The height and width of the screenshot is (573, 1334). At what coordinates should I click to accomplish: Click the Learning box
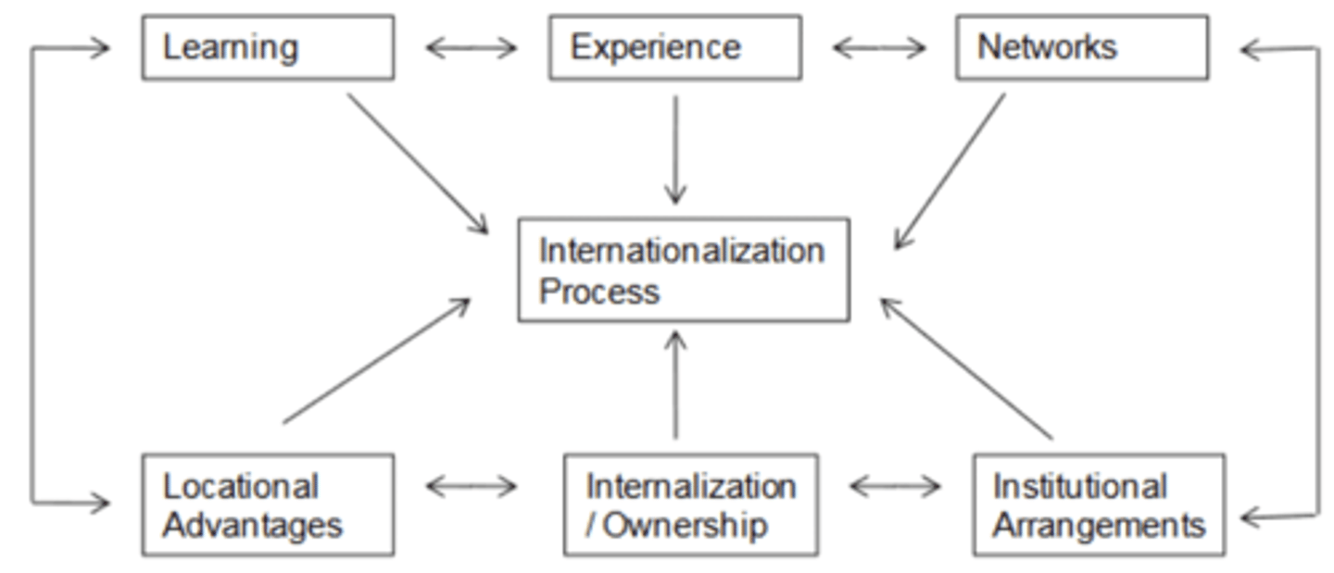[268, 47]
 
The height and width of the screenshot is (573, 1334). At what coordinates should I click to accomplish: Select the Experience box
[674, 47]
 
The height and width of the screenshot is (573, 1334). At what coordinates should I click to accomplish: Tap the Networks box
[1081, 47]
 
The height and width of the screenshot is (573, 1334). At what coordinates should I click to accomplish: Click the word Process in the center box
[599, 292]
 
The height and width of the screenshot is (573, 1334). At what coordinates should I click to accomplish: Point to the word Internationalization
[682, 251]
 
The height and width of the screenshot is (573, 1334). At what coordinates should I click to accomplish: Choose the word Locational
[240, 486]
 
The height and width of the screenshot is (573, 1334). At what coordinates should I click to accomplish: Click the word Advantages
[252, 526]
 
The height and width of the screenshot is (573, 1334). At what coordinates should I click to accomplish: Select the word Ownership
[686, 526]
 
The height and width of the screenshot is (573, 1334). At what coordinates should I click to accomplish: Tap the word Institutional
[1079, 486]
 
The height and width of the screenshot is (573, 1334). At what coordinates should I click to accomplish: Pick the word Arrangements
[1099, 526]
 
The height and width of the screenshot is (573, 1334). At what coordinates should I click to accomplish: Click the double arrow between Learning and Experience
[472, 48]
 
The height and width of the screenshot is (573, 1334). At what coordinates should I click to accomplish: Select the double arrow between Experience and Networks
[879, 48]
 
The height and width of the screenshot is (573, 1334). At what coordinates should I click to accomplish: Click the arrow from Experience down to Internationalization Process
[675, 148]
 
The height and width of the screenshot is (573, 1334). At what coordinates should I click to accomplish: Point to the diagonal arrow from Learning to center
[417, 162]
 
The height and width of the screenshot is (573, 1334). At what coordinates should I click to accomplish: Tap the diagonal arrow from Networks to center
[950, 170]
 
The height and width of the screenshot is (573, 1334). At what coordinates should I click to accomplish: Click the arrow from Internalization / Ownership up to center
[675, 384]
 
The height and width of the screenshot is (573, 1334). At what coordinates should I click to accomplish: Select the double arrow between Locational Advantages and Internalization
[472, 486]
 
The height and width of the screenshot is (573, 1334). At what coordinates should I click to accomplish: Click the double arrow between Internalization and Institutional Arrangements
[895, 486]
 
